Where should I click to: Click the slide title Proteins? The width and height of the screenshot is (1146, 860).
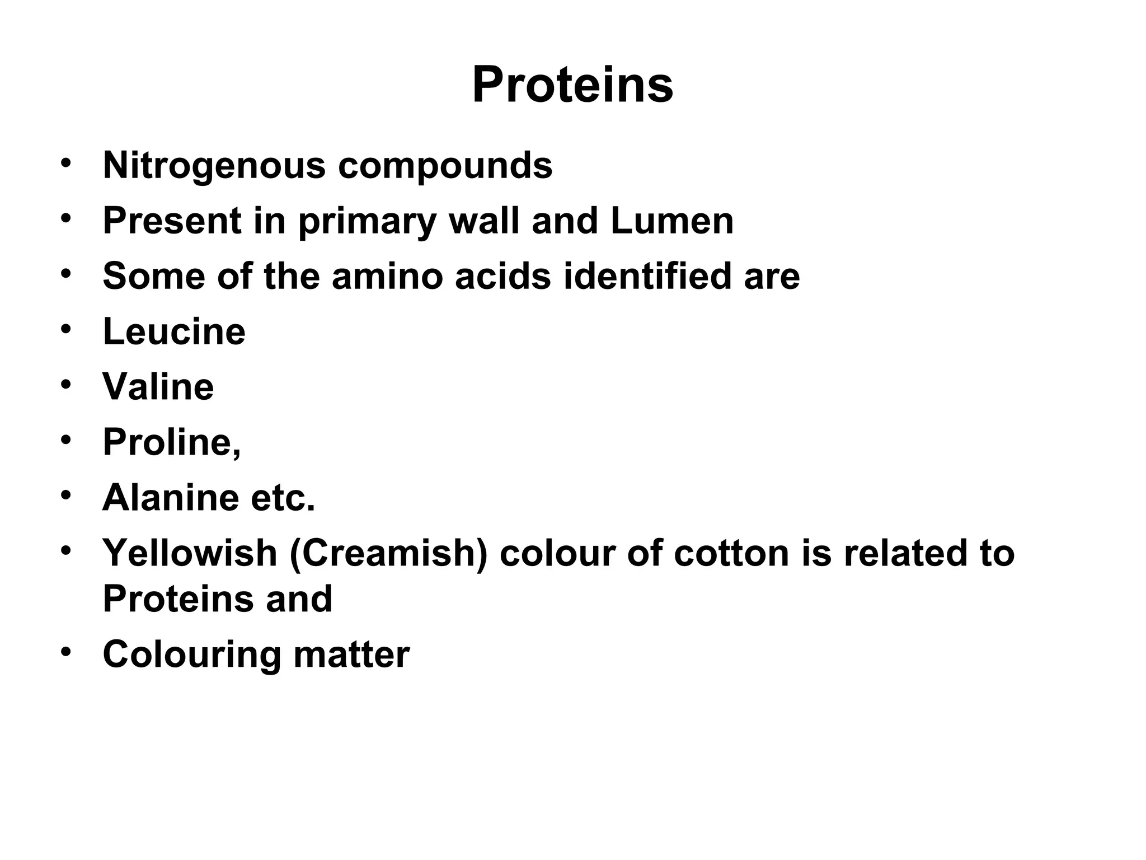click(x=572, y=86)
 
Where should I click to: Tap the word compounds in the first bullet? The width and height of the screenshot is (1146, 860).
click(x=445, y=166)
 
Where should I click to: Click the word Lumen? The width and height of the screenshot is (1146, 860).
click(x=672, y=221)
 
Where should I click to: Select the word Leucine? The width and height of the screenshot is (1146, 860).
click(x=174, y=331)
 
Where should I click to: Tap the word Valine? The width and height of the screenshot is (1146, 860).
click(x=158, y=387)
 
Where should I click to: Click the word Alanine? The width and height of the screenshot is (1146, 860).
click(x=171, y=498)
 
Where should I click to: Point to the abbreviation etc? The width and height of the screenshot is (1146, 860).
click(x=283, y=498)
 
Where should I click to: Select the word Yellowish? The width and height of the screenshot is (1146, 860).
click(x=190, y=553)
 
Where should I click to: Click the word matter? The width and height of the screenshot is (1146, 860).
click(x=351, y=655)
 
